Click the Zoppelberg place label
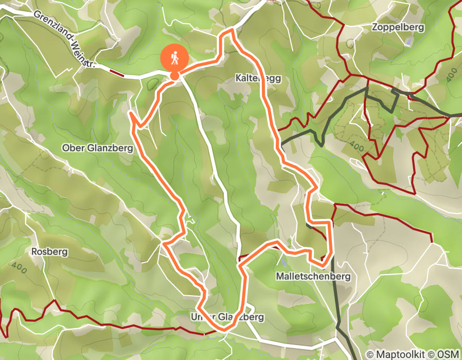399,28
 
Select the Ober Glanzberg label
97,148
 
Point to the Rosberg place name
49,252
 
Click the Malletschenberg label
313,277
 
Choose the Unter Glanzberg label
227,317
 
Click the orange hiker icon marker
175,58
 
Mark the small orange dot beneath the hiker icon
175,76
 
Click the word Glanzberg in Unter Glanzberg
242,317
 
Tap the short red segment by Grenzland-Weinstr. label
117,74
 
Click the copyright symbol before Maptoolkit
369,354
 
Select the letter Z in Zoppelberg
377,28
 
